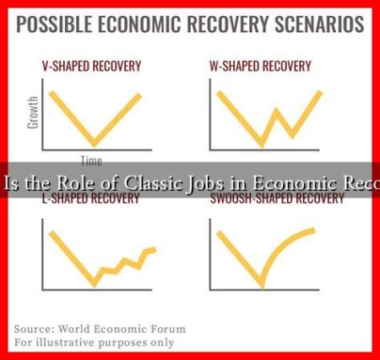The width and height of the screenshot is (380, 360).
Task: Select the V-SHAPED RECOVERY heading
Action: point(92,64)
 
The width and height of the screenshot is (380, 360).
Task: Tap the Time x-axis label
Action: point(91,161)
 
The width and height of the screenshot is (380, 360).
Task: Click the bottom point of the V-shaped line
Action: point(95,145)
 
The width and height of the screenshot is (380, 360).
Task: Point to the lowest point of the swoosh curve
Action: point(258,284)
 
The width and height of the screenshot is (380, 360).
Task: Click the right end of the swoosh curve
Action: point(315,229)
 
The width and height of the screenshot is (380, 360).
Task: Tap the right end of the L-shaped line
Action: point(155,248)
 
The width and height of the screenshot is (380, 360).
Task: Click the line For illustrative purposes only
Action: point(95,342)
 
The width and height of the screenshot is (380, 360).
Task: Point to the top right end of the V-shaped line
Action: point(141,93)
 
